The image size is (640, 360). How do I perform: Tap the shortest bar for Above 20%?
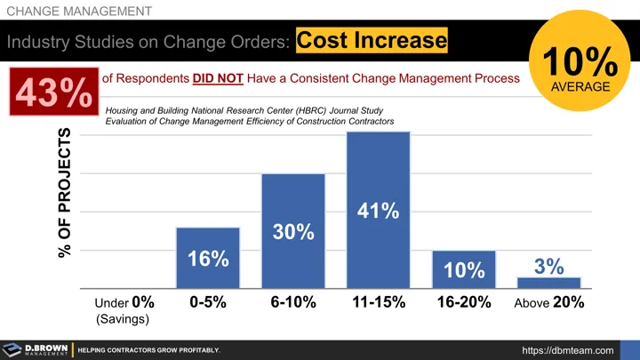[548, 283]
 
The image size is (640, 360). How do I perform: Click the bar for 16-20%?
[463, 269]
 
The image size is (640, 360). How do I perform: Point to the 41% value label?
[378, 212]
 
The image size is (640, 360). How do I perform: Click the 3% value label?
[548, 266]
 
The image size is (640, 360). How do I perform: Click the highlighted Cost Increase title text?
[371, 41]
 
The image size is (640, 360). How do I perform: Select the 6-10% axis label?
[292, 302]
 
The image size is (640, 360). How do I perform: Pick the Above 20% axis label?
[548, 302]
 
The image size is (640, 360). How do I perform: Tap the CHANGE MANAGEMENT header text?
[78, 11]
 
